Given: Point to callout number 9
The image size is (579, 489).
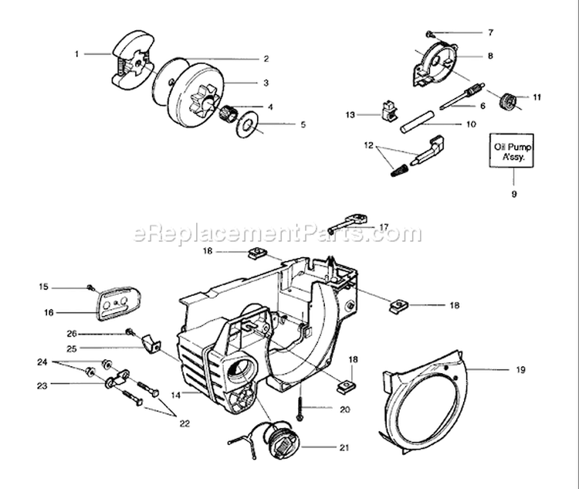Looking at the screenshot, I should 513,194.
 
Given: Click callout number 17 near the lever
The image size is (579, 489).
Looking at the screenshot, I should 384,227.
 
